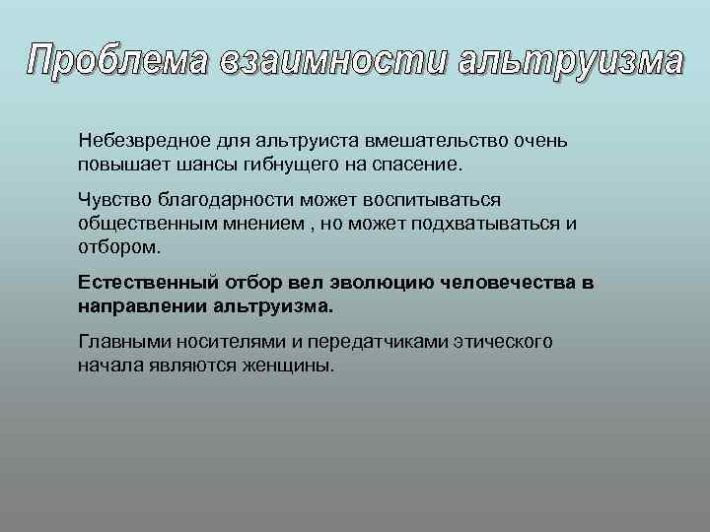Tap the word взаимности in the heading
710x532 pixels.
click(x=323, y=61)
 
